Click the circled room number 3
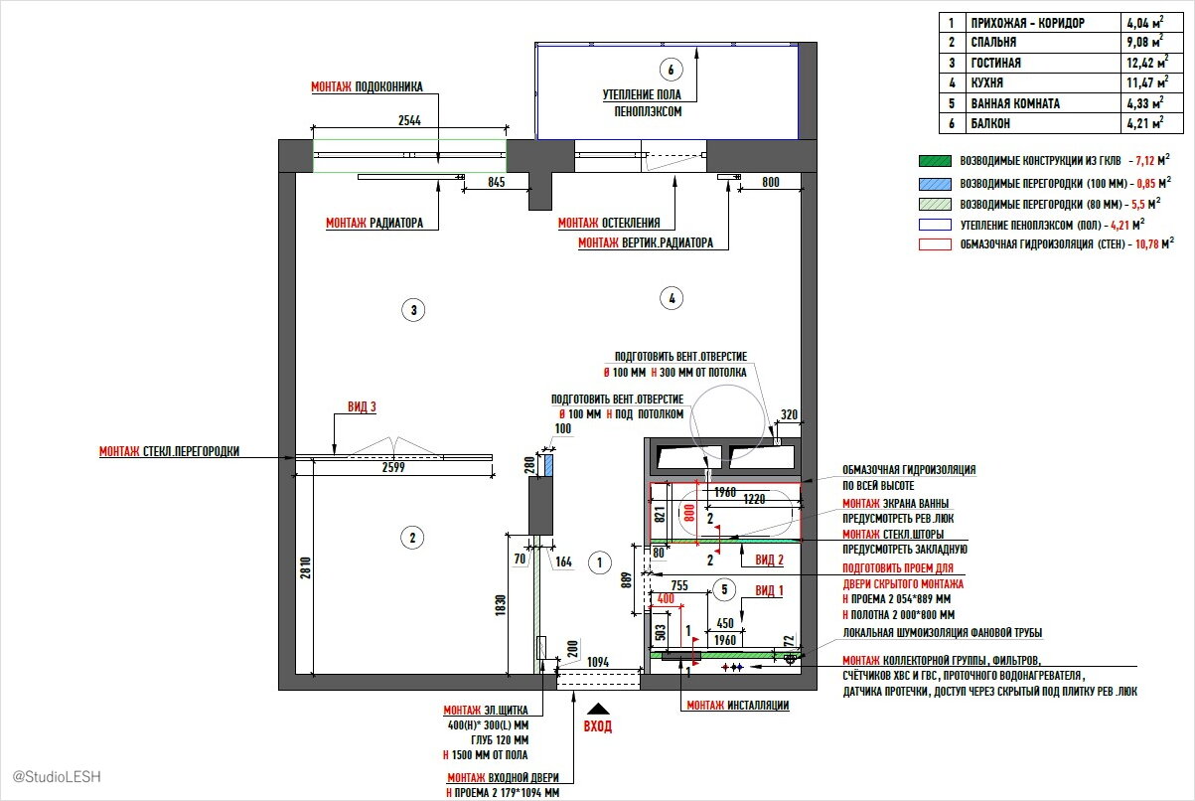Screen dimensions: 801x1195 414,310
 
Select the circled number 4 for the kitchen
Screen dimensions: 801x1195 672,297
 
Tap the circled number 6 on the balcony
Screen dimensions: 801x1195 672,70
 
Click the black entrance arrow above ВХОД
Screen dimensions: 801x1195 598,709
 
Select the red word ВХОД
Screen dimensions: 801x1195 598,726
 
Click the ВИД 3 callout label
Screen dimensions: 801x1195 362,406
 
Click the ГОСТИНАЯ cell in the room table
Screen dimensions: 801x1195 994,63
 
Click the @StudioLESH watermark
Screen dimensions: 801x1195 57,775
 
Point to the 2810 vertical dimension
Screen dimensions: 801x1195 286,566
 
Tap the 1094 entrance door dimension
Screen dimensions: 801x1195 597,662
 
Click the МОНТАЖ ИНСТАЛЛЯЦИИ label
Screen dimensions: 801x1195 737,705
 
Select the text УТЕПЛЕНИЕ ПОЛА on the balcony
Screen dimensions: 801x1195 643,95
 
